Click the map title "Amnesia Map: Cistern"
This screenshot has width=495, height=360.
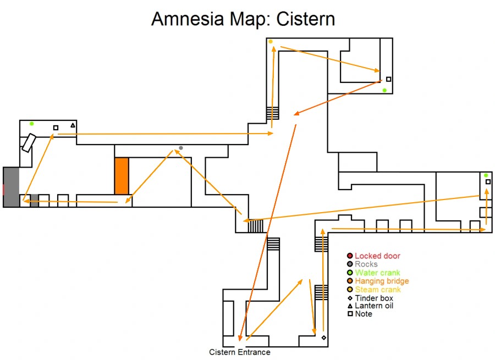point(243,19)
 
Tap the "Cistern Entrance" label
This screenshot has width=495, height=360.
point(240,352)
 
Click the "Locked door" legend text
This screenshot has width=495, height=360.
point(377,256)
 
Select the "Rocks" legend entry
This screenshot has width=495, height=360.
point(366,264)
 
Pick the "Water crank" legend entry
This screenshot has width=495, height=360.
point(377,273)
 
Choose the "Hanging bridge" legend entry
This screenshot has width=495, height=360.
point(382,281)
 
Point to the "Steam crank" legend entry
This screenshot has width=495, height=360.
point(378,290)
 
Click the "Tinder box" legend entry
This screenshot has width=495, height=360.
point(374,298)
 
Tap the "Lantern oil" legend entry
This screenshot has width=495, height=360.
point(374,306)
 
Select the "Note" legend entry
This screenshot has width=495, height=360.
point(364,314)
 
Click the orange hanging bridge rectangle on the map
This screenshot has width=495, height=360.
point(122,176)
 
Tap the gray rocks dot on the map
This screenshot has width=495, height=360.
point(181,148)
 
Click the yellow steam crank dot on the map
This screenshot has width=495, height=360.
point(271,41)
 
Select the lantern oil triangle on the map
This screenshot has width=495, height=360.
point(73,125)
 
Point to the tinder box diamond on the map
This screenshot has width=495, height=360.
point(323,337)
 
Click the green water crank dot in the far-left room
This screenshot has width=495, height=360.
point(32,124)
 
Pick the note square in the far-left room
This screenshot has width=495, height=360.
point(56,128)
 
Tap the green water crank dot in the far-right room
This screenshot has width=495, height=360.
point(486,175)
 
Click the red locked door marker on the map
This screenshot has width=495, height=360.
point(3,189)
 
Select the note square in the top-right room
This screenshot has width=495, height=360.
point(388,79)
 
